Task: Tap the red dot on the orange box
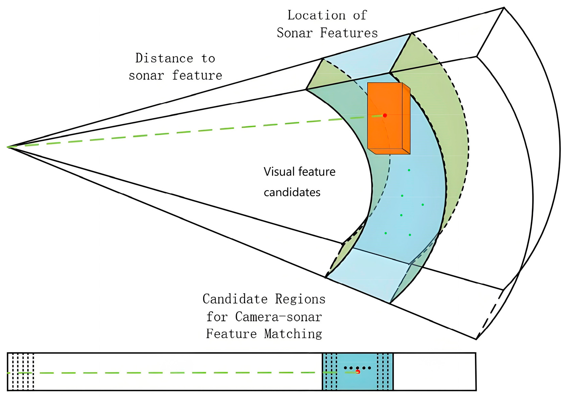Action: point(385,115)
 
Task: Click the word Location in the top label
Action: point(316,15)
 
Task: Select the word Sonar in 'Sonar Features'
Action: point(295,33)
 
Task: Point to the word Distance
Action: point(164,58)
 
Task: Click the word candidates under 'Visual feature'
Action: point(292,192)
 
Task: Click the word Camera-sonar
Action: point(278,317)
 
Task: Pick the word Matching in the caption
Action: point(293,334)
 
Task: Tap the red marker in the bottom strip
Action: point(358,372)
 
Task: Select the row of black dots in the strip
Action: point(357,368)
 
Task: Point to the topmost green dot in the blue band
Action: point(409,170)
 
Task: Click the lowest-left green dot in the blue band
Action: point(386,233)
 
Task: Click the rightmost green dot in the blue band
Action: point(423,205)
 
